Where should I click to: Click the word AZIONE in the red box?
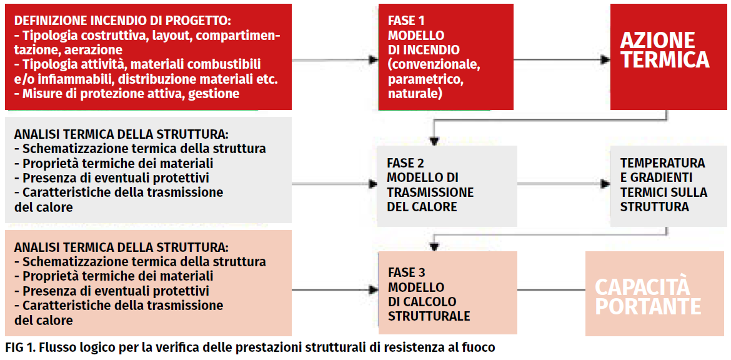[x=657, y=41]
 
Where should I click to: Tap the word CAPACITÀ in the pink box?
[x=642, y=287]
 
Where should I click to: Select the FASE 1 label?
[x=406, y=21]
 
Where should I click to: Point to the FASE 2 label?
[x=405, y=163]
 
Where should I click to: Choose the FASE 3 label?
[x=407, y=272]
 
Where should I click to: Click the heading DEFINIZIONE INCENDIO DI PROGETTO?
[x=123, y=21]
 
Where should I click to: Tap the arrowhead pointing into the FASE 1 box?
[x=373, y=60]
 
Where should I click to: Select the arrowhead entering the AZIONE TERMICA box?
[x=605, y=60]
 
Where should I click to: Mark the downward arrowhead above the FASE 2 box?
[x=434, y=141]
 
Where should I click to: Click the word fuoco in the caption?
[x=479, y=348]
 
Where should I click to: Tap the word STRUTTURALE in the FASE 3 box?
[x=429, y=316]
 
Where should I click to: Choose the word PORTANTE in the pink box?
[x=648, y=306]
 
